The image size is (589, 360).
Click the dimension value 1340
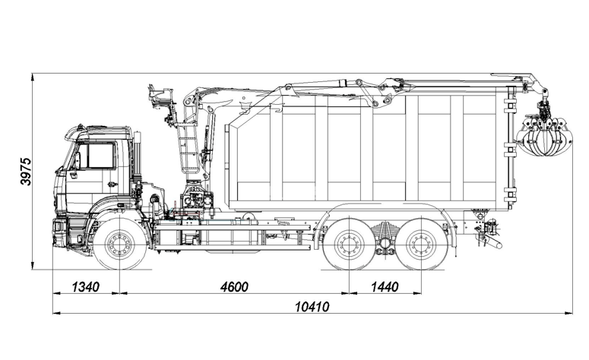(x=86, y=287)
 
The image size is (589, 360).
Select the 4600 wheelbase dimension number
(x=234, y=287)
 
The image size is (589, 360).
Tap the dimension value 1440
(x=385, y=287)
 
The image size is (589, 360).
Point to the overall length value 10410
(x=312, y=307)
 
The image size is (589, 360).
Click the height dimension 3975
(x=27, y=172)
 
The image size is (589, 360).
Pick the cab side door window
(x=100, y=156)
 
